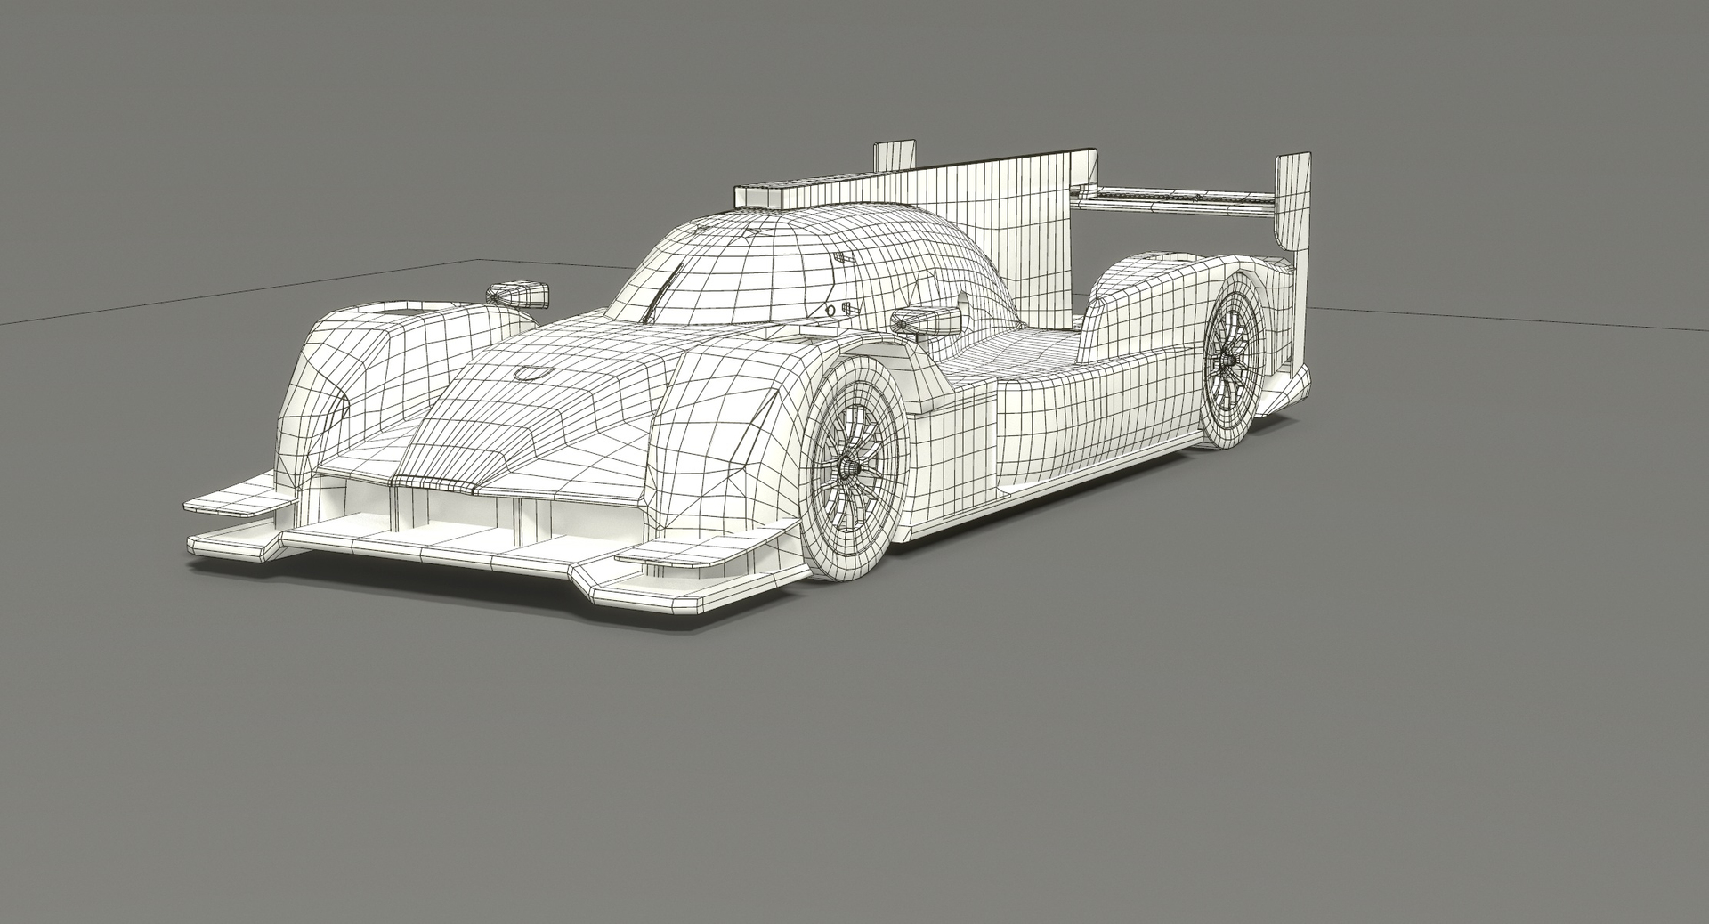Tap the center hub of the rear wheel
click(1229, 359)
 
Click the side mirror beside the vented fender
click(516, 292)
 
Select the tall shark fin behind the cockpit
click(1024, 231)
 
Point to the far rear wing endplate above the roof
click(895, 155)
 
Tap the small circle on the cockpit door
click(831, 310)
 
